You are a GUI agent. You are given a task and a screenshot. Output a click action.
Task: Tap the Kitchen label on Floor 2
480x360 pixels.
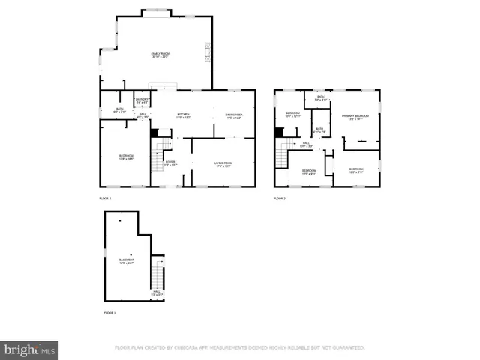[x=183, y=116]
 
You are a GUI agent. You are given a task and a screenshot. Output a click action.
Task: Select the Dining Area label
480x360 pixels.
[x=233, y=116]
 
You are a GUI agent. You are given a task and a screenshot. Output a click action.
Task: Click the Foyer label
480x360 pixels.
[x=170, y=163]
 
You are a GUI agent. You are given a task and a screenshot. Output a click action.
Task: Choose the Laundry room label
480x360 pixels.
[x=142, y=100]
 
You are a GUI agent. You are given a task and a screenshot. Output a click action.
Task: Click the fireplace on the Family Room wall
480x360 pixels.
[x=208, y=53]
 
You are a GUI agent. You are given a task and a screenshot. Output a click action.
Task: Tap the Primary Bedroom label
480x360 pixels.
[x=355, y=118]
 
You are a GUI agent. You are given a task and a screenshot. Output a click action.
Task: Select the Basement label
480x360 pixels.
[x=126, y=261]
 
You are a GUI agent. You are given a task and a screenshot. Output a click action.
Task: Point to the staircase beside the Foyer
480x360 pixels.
[x=157, y=160]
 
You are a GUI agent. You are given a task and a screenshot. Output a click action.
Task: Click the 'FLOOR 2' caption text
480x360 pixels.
[x=105, y=199]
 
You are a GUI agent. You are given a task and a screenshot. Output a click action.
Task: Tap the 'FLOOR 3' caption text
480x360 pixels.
[x=279, y=199]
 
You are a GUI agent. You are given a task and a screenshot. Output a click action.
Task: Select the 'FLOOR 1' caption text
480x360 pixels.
[x=109, y=311]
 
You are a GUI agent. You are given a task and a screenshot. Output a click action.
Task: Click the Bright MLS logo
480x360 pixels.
[x=30, y=349]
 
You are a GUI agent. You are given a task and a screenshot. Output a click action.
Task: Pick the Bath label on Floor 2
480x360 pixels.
[x=119, y=111]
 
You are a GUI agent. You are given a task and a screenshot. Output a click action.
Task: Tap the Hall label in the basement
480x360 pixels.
[x=157, y=292]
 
